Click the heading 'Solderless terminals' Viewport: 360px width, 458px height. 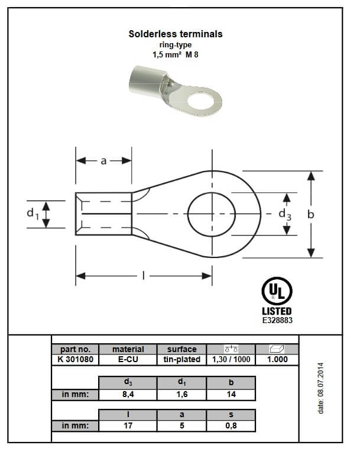176,34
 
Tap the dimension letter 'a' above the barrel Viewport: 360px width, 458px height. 103,160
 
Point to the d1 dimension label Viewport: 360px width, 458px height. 33,214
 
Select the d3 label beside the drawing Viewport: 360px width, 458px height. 285,215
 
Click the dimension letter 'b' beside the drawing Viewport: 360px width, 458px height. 311,214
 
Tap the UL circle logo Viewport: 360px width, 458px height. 277,291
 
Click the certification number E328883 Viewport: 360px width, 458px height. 277,320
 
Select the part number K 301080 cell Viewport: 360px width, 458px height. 75,359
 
